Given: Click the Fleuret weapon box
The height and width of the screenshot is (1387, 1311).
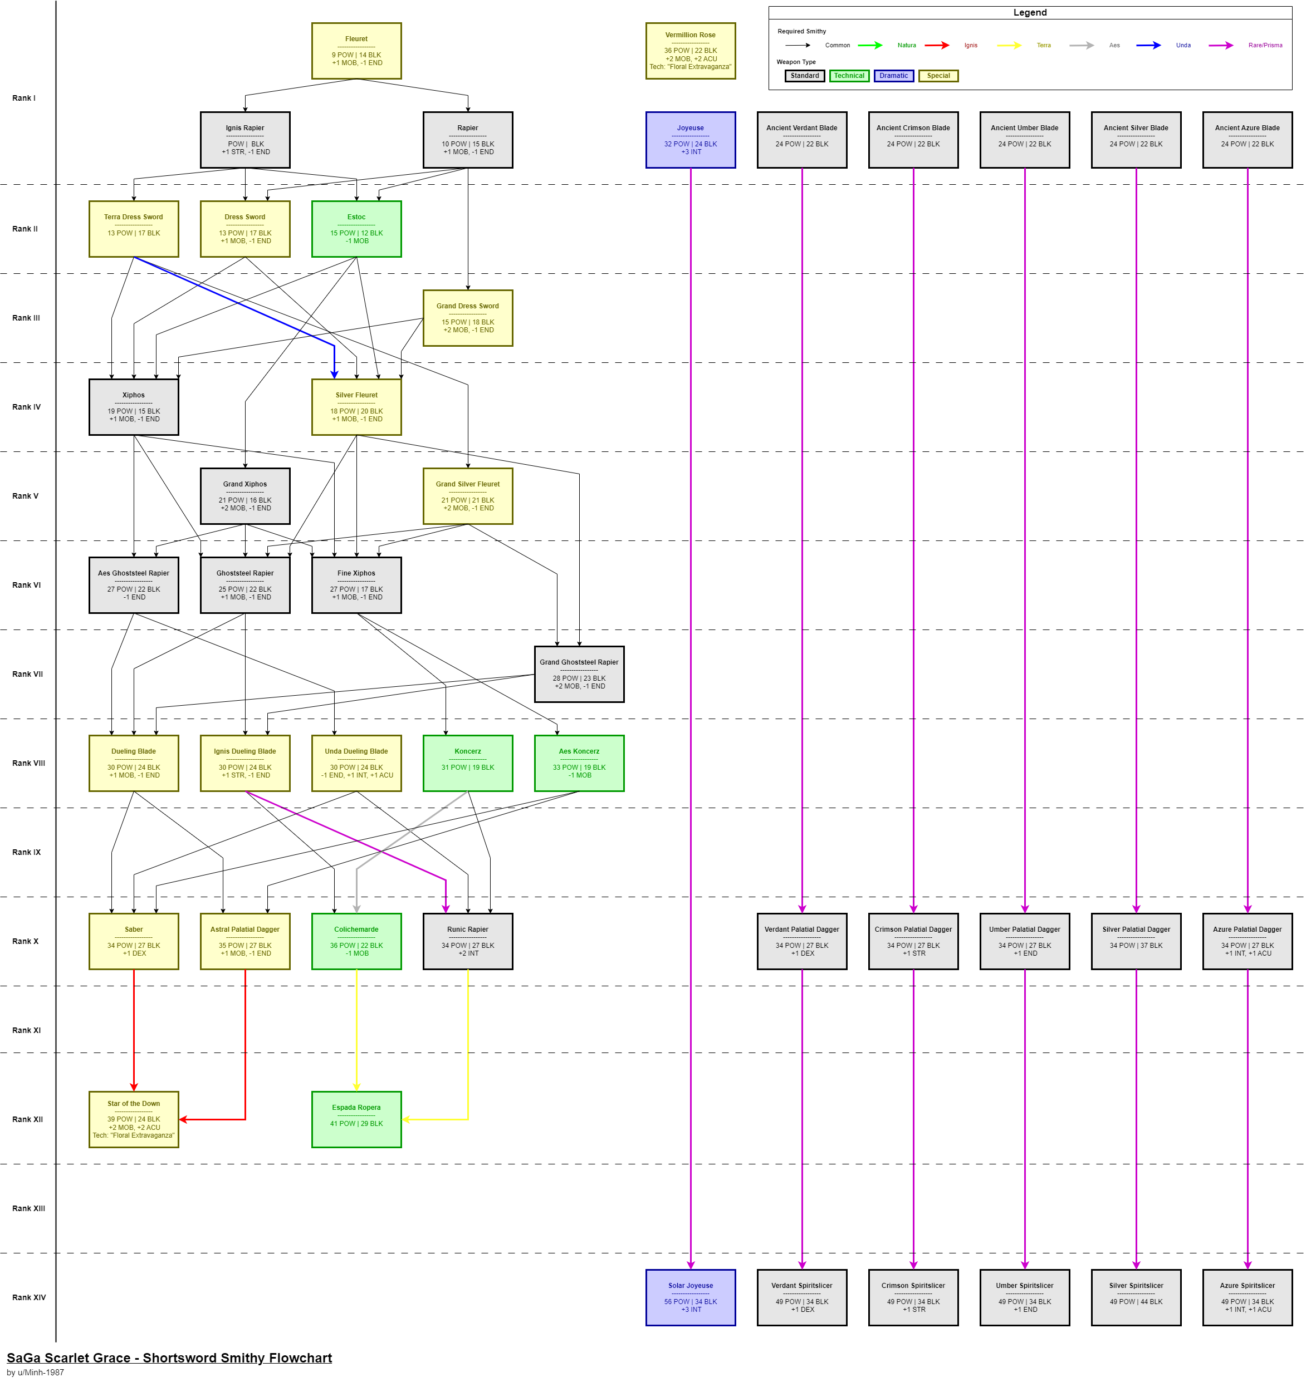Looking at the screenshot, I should [x=356, y=51].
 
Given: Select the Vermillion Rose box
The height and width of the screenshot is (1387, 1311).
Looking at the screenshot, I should [x=691, y=51].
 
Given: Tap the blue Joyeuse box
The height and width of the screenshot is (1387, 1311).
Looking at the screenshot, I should [x=691, y=140].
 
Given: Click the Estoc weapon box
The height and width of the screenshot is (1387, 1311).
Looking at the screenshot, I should [x=356, y=229].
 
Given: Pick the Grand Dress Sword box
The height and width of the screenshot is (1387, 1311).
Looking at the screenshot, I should [x=467, y=318].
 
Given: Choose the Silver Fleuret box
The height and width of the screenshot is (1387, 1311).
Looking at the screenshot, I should [x=356, y=407].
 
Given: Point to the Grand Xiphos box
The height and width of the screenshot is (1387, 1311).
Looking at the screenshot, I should [x=245, y=496].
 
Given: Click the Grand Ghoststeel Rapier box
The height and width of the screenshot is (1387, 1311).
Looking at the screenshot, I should [x=579, y=674].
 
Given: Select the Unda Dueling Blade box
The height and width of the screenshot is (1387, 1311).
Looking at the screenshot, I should [x=356, y=763].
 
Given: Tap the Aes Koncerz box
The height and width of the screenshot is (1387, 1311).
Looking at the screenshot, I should [x=579, y=763].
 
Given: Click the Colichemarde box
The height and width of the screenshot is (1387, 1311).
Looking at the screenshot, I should [x=356, y=941].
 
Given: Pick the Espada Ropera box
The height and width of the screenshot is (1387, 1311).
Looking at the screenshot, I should [x=356, y=1119].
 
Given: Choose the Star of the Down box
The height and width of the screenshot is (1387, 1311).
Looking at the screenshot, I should [x=134, y=1119].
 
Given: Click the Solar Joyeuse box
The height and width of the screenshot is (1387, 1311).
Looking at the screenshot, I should [x=691, y=1297].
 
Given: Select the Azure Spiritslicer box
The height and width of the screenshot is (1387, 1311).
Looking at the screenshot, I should [x=1247, y=1297].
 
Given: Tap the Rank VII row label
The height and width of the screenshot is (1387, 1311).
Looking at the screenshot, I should [x=28, y=674].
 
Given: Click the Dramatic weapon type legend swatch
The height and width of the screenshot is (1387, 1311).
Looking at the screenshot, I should [x=893, y=76].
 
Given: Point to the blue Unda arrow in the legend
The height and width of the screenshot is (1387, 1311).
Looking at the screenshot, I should [x=1148, y=46].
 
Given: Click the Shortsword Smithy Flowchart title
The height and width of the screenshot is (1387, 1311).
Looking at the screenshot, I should [x=169, y=1358].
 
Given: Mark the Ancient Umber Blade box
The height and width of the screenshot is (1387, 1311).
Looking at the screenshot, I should [x=1025, y=140].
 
